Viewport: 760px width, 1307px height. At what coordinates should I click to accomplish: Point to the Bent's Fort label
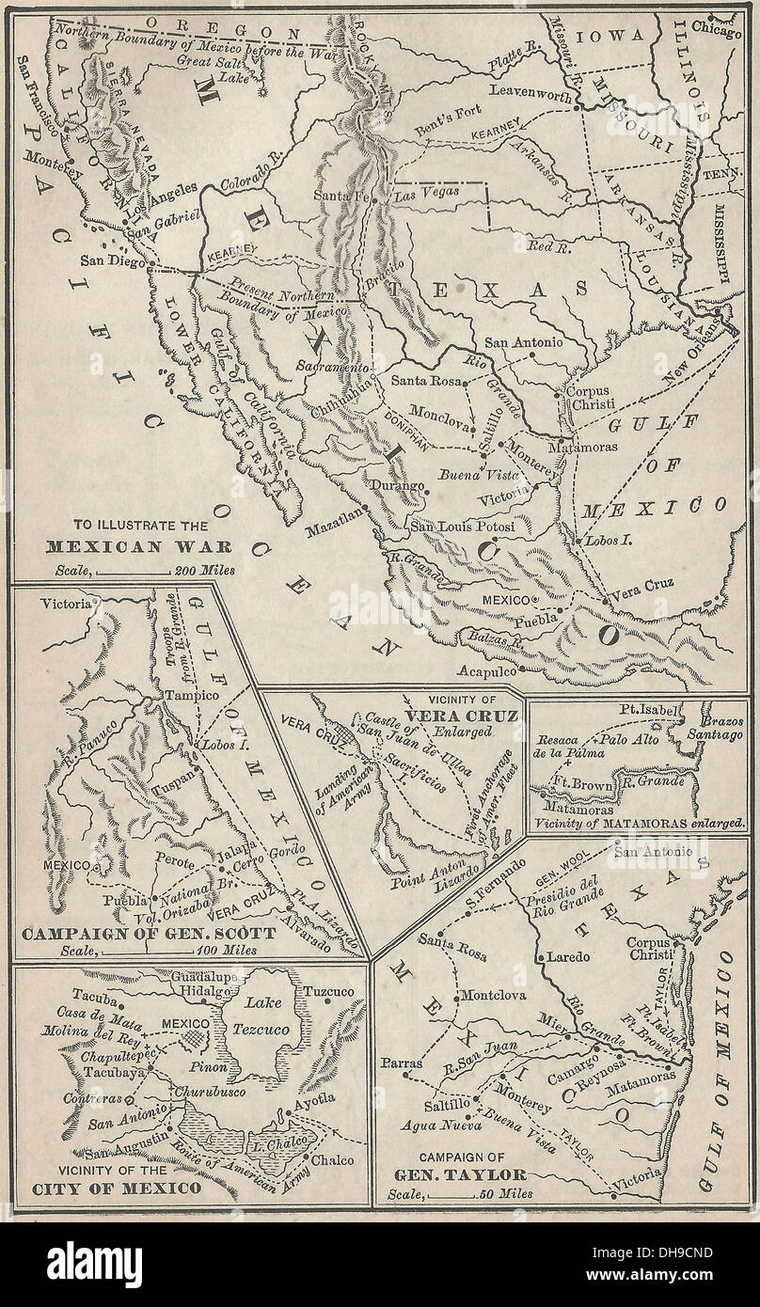tap(450, 114)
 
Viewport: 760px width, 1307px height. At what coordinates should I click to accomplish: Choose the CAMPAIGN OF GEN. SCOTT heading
tap(149, 933)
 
